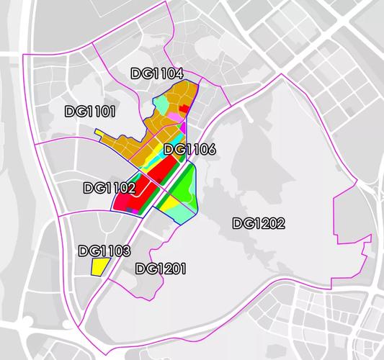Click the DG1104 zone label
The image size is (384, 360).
tap(157, 73)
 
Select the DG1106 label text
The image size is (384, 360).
tap(189, 150)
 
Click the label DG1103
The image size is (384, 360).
tap(104, 251)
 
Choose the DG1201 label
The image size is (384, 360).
tap(161, 269)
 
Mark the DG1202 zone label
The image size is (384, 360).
tap(259, 223)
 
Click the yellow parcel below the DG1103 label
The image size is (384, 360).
tap(99, 266)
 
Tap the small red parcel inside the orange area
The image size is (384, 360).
tap(184, 109)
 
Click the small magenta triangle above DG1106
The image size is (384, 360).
tap(184, 128)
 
